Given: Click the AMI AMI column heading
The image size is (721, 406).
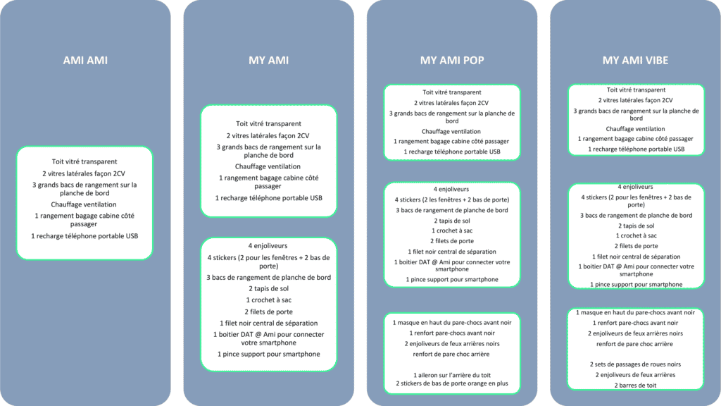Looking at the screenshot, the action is [85, 61].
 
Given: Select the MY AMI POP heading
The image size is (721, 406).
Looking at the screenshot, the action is [452, 61].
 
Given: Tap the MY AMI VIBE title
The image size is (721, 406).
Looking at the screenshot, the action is [636, 61].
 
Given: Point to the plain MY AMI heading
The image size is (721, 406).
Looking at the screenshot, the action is [268, 61].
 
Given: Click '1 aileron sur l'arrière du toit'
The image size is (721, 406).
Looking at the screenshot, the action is [452, 375].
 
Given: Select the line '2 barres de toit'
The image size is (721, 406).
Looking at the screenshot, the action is [636, 386].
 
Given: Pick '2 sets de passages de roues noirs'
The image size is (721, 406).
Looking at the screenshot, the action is [636, 364].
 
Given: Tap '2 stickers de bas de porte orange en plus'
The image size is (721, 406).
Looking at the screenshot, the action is [452, 383].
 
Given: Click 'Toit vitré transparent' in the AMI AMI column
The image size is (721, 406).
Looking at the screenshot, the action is [84, 161].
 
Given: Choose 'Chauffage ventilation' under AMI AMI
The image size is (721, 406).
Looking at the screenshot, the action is [84, 204].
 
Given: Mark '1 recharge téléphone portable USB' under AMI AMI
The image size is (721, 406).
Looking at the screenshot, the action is [84, 236].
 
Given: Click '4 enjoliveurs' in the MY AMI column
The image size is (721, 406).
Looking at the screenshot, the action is [268, 246].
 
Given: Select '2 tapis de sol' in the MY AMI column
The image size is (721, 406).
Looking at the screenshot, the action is [268, 288].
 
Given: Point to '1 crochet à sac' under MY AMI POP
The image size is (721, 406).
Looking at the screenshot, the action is [452, 230].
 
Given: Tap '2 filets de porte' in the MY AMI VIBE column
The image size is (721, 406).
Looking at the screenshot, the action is [636, 246].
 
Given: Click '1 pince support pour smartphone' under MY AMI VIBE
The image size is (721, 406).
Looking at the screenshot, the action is [637, 285].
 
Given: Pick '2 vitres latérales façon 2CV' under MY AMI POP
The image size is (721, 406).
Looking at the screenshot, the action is [451, 103].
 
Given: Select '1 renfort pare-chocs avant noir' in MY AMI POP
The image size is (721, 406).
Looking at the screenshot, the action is [452, 333].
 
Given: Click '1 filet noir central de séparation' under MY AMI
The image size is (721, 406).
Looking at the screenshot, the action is [268, 323].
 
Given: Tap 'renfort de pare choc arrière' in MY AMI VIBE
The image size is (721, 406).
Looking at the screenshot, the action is [634, 344].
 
